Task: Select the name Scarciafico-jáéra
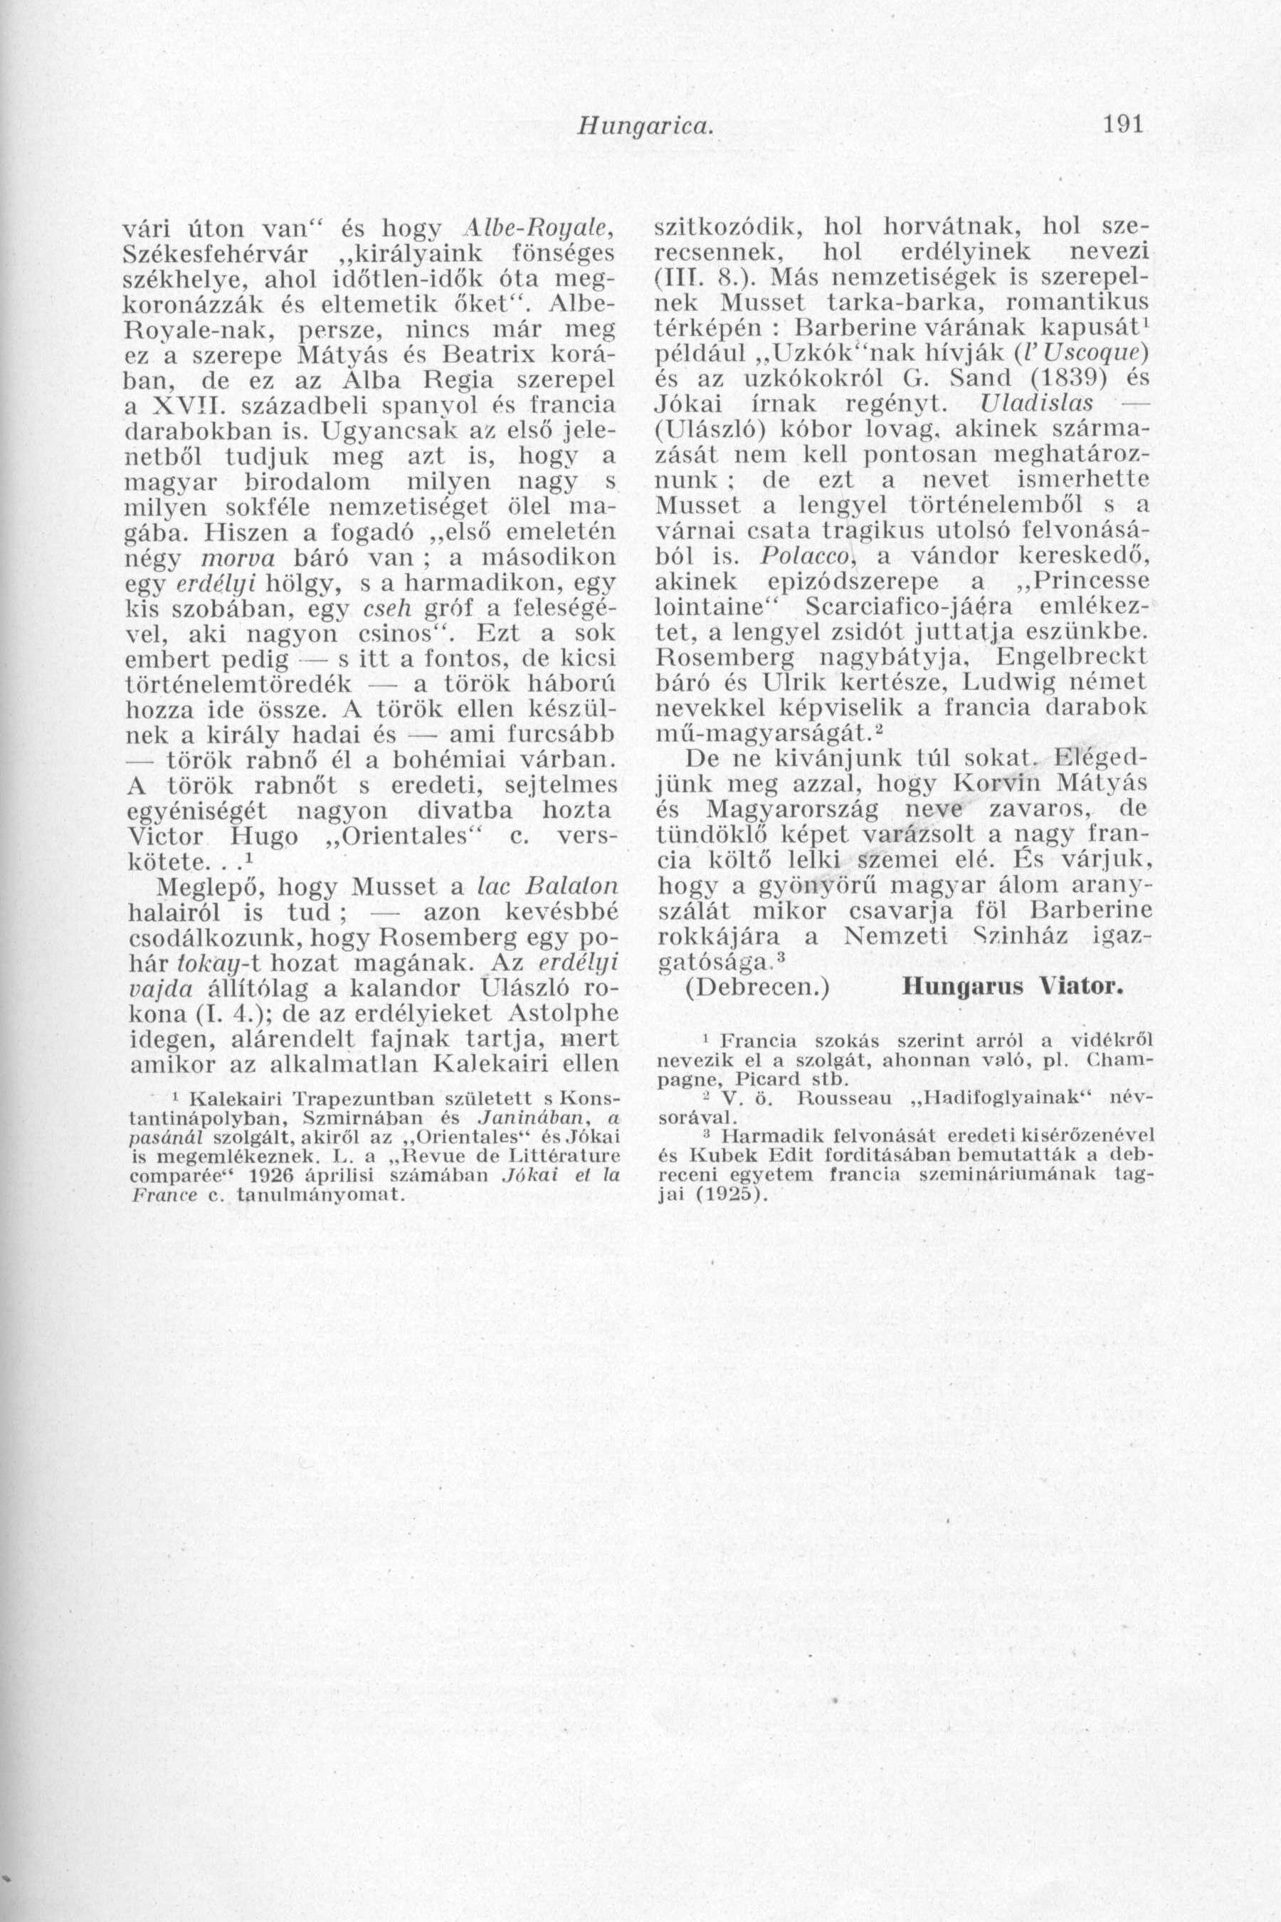pyautogui.click(x=897, y=607)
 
